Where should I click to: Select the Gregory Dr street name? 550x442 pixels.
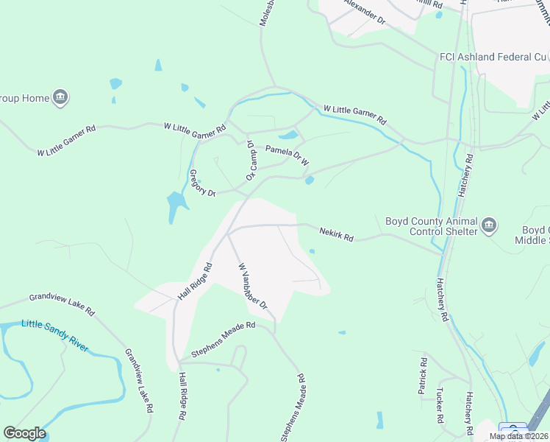(202, 183)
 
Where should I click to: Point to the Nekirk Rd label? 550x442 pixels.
(337, 235)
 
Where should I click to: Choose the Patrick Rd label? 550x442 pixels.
(423, 376)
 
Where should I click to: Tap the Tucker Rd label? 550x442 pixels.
(440, 404)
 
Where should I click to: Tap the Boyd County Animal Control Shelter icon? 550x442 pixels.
(489, 225)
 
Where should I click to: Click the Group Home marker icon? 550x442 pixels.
(60, 98)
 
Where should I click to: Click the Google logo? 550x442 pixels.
(24, 433)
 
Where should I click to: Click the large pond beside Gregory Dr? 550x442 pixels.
(176, 206)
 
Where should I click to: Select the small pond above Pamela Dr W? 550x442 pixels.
(288, 135)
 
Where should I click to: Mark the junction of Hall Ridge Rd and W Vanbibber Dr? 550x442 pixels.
(228, 234)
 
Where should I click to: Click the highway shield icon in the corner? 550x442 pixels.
(512, 430)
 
